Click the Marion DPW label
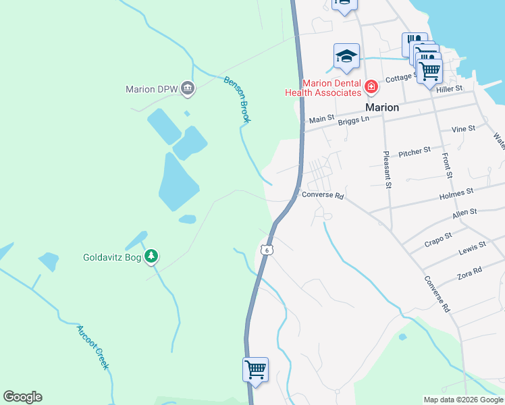[x=151, y=89]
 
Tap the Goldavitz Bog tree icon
[x=153, y=256]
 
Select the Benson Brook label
[x=237, y=100]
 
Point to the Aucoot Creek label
[x=92, y=347]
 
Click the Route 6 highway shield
[x=267, y=250]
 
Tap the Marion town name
[x=382, y=107]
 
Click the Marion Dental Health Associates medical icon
[x=370, y=87]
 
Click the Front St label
[x=447, y=165]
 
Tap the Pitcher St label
[x=415, y=153]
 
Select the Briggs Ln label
[x=354, y=119]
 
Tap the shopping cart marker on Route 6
[x=256, y=370]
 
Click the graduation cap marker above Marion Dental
[x=346, y=57]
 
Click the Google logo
[x=22, y=397]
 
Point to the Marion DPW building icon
[x=188, y=88]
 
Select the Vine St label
[x=463, y=128]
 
